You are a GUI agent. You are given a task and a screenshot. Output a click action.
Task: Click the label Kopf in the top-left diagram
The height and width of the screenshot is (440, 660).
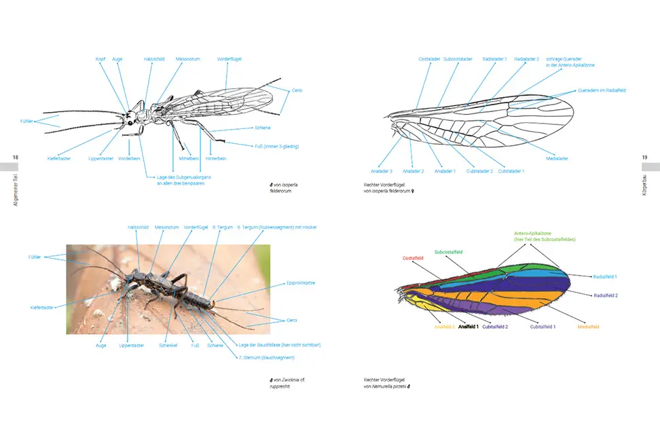tap(100, 59)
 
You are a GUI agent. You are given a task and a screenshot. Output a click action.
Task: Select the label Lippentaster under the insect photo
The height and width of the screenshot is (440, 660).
tap(131, 345)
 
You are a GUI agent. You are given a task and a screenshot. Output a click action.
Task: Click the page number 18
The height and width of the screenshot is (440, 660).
tap(16, 158)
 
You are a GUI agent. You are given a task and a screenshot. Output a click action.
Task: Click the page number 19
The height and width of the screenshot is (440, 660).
tap(644, 158)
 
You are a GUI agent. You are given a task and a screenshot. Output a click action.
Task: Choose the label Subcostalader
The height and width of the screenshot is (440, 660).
tap(458, 59)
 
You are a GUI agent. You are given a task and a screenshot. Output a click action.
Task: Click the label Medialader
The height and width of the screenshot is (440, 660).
tap(556, 158)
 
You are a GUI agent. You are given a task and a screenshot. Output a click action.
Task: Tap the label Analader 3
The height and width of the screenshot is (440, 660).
tap(382, 171)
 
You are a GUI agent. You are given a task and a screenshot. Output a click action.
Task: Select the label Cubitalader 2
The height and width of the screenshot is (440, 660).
tap(479, 171)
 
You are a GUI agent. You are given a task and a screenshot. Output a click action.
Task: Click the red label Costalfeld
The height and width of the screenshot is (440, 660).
tap(413, 258)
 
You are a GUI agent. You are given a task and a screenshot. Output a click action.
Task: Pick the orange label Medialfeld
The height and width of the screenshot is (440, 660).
tap(588, 327)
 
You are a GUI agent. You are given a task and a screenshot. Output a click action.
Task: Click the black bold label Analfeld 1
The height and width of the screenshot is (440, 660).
tap(469, 327)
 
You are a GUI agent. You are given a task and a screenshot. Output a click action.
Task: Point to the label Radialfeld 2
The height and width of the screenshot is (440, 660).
tap(606, 295)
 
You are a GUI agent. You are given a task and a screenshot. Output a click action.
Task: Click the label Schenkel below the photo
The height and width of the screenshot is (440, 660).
tap(168, 345)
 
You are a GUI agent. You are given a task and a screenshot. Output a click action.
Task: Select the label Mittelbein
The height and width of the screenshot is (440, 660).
tap(188, 158)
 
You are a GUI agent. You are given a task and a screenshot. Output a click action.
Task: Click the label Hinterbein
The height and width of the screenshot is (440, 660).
tap(217, 158)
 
